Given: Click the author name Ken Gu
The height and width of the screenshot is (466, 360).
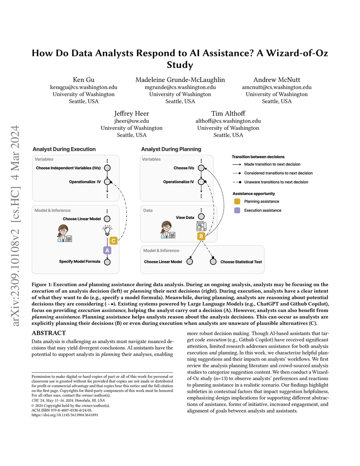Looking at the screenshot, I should (x=84, y=80).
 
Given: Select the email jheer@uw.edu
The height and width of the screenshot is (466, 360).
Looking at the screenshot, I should (x=131, y=121).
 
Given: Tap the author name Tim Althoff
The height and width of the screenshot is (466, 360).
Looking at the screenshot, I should (x=228, y=114).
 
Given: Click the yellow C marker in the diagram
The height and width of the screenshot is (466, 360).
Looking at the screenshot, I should (x=113, y=241).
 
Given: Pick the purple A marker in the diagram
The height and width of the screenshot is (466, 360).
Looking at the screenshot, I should (x=107, y=250).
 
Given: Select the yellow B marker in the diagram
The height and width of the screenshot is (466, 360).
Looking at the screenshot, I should (x=201, y=236).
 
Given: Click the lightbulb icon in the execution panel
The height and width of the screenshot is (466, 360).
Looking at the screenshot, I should (x=107, y=230).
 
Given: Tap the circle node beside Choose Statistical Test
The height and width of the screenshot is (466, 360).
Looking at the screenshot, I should (x=213, y=262).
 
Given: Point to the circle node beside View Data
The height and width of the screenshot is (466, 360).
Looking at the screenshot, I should (x=201, y=217).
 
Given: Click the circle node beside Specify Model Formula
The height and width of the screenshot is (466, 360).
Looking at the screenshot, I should (x=107, y=262).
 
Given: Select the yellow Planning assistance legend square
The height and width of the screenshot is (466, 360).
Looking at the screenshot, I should (x=237, y=202).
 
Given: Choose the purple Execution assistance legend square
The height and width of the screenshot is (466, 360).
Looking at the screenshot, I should (x=237, y=210).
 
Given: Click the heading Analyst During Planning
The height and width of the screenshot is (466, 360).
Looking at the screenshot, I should (x=171, y=149).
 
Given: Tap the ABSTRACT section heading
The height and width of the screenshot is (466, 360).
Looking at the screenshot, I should (x=49, y=333).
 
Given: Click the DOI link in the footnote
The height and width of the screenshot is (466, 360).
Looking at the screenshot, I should (x=65, y=415).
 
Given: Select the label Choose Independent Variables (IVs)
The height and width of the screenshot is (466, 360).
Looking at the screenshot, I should (x=68, y=168).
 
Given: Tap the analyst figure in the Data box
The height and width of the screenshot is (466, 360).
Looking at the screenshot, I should (x=167, y=230).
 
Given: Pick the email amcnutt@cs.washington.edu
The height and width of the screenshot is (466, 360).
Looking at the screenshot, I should (x=277, y=87).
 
